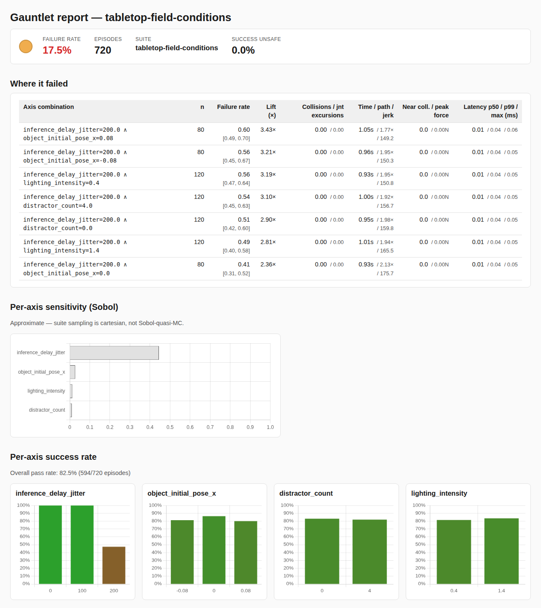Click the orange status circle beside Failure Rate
tap(26, 46)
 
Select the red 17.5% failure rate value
tap(57, 50)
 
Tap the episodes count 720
tap(103, 50)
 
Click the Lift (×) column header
tap(271, 111)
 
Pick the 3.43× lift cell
tap(268, 130)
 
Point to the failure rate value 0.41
tap(244, 264)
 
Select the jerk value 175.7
tap(387, 274)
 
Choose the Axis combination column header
tap(48, 107)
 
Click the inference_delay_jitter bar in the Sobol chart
tap(114, 353)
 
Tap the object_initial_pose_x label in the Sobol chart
tap(41, 372)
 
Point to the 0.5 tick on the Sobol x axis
tap(170, 427)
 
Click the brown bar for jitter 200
tap(114, 565)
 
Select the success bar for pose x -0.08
tap(182, 552)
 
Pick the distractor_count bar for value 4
tap(369, 551)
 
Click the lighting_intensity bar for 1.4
tap(501, 551)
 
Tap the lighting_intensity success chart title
tap(439, 493)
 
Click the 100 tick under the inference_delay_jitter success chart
tap(82, 591)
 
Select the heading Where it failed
tap(39, 84)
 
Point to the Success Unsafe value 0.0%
tap(243, 50)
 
